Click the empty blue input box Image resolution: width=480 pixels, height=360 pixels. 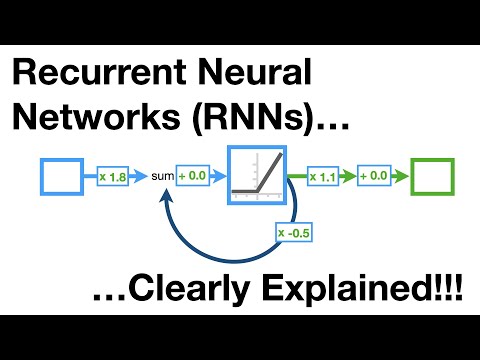coord(60,176)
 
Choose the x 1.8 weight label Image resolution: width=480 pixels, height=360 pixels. coord(112,177)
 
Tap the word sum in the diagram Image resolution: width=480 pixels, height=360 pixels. coord(162,177)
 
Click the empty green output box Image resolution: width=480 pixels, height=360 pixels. coord(433,176)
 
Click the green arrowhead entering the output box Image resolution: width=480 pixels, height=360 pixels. coord(406,177)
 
